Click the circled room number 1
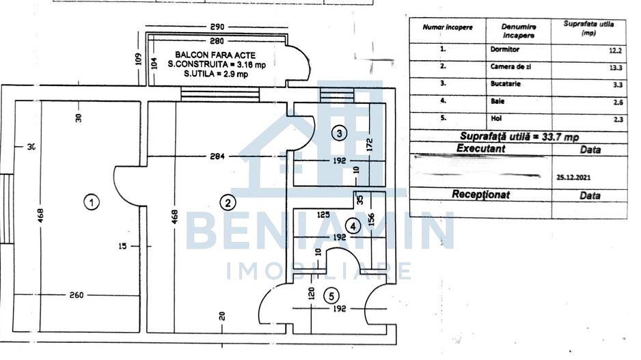click(90, 202)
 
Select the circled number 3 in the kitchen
click(340, 133)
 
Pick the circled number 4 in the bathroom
click(352, 225)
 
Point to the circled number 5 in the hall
click(331, 296)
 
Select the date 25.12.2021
click(573, 176)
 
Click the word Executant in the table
click(480, 148)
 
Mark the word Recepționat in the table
click(480, 195)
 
